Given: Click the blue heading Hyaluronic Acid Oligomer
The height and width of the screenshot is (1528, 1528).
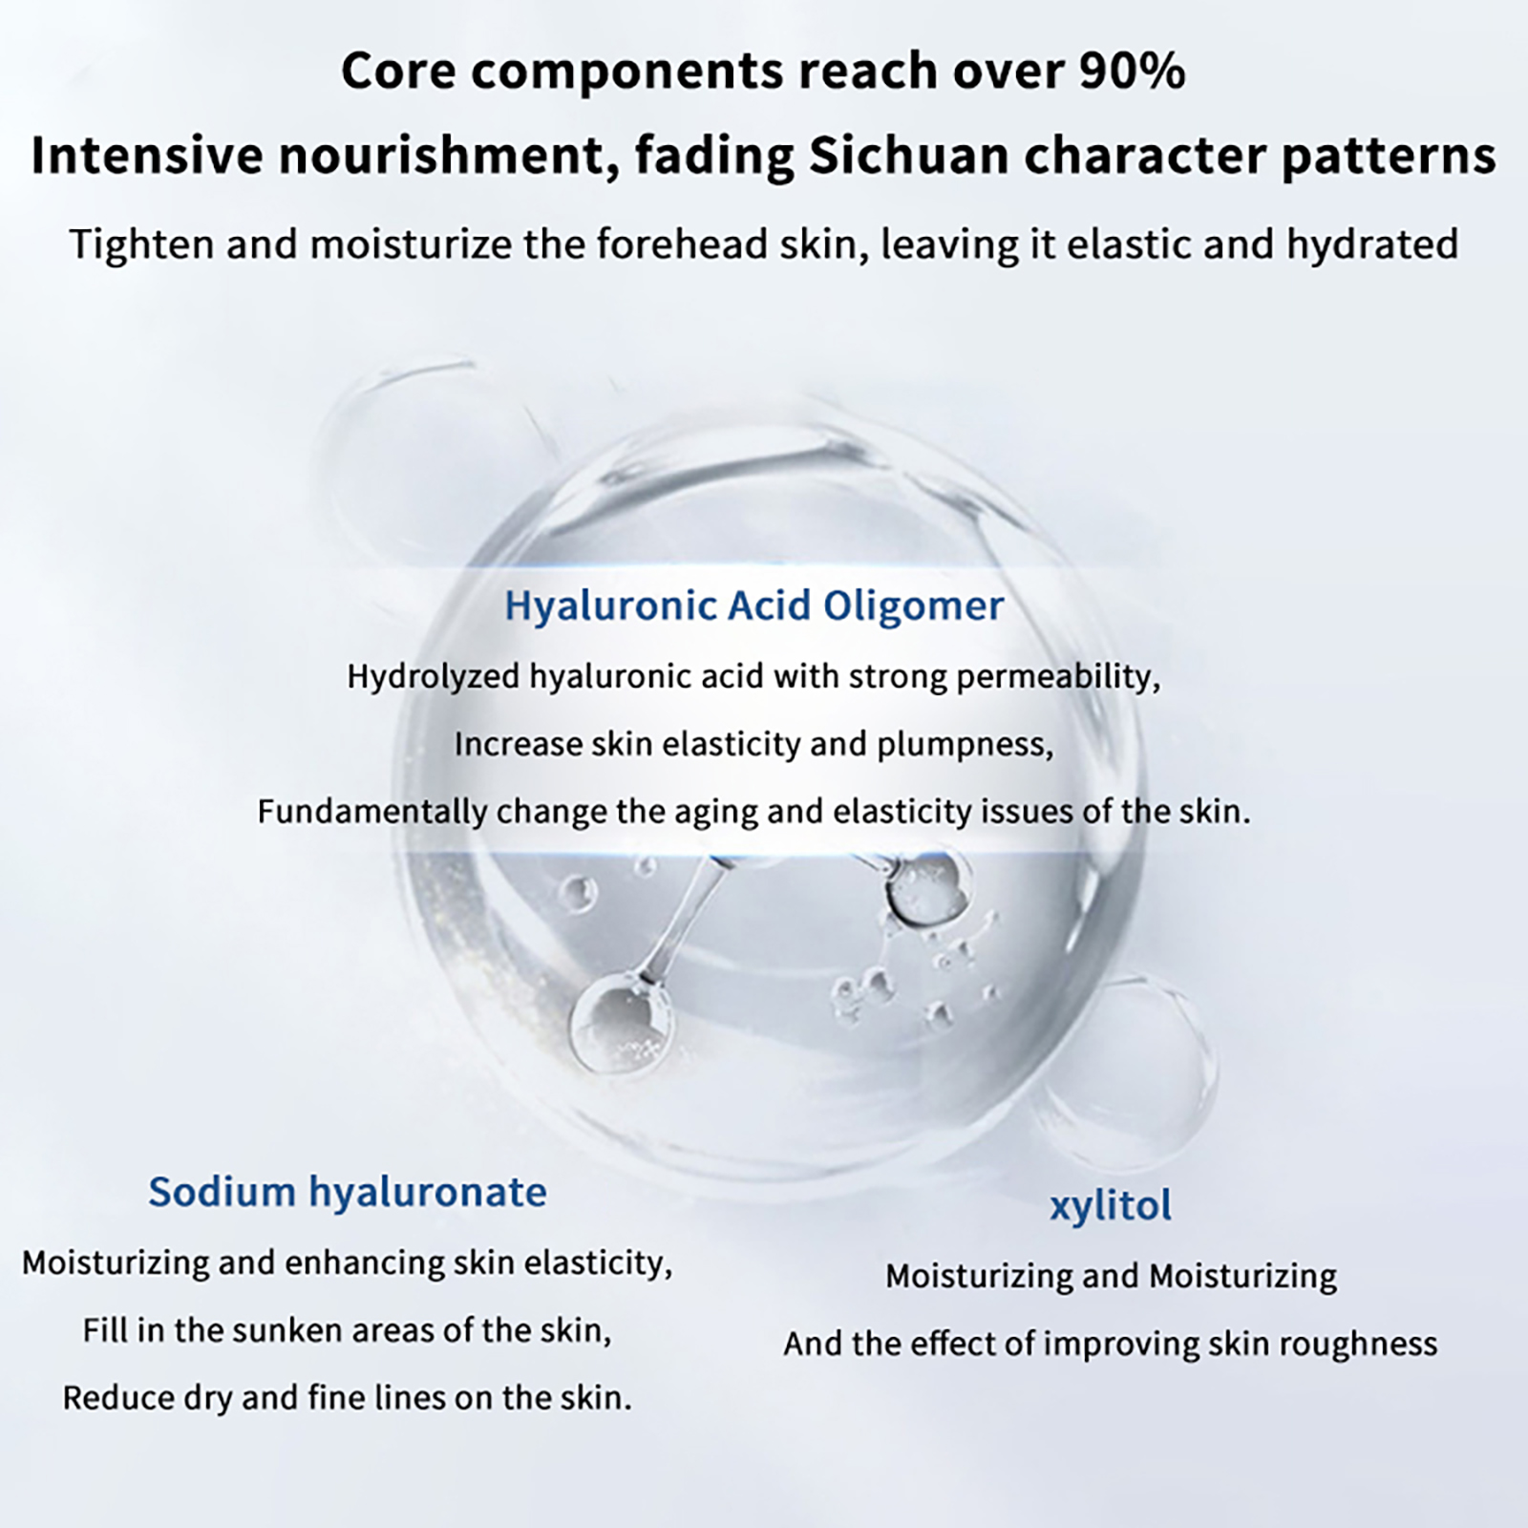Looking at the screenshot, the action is point(754,606).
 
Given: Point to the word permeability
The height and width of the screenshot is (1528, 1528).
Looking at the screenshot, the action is point(1058,677).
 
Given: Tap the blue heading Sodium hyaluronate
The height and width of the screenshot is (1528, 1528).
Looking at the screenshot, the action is point(348,1192).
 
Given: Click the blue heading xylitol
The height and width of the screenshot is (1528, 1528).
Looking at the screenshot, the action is point(1111,1206).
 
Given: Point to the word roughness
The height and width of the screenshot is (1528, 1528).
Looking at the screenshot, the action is point(1358,1345).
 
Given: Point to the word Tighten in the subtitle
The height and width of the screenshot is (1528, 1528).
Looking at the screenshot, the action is point(141,244).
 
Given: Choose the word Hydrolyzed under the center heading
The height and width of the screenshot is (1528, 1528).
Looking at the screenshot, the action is point(435,677).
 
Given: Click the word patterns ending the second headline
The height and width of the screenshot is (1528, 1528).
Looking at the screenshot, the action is point(1389,157).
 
